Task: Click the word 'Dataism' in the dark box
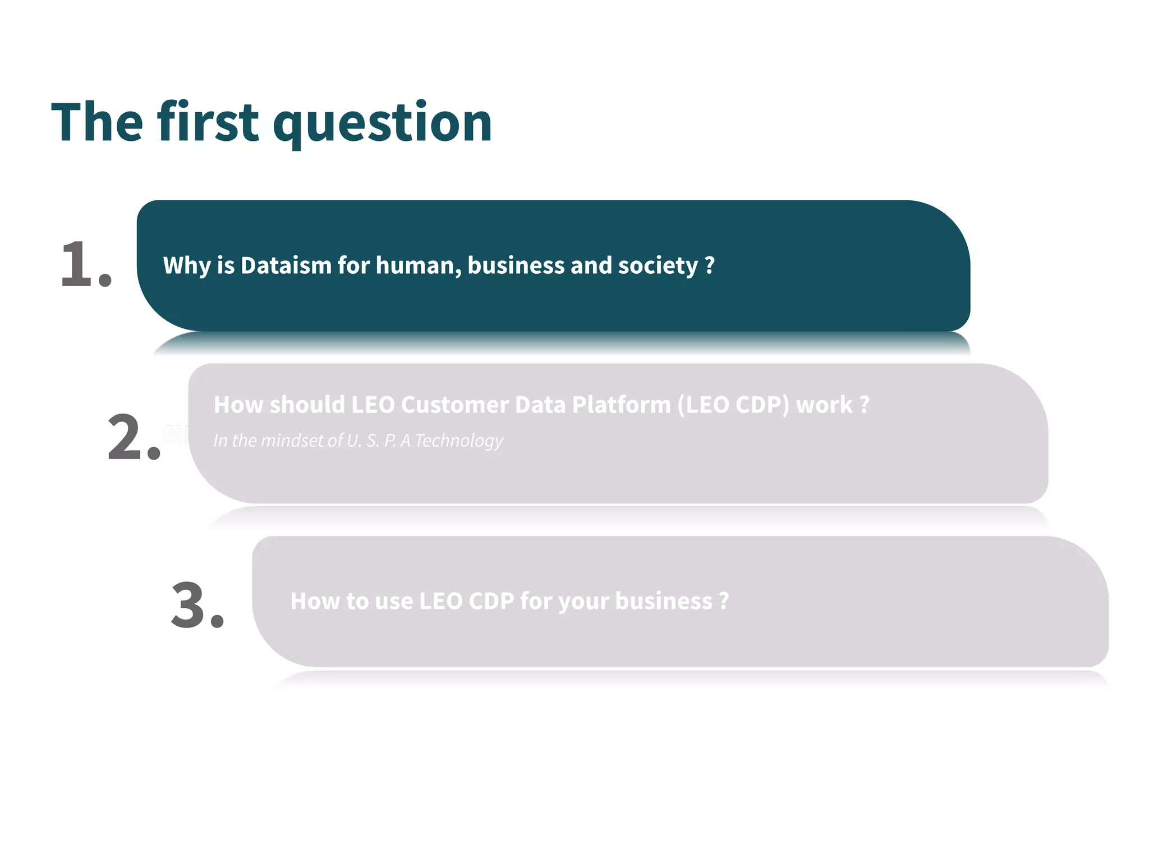coord(286,265)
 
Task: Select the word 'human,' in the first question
coord(419,265)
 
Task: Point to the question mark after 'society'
coord(710,265)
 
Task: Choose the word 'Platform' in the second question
coord(621,405)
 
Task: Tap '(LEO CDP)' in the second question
coord(733,405)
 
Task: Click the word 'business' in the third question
coord(664,601)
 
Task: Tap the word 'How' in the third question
coord(314,601)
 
